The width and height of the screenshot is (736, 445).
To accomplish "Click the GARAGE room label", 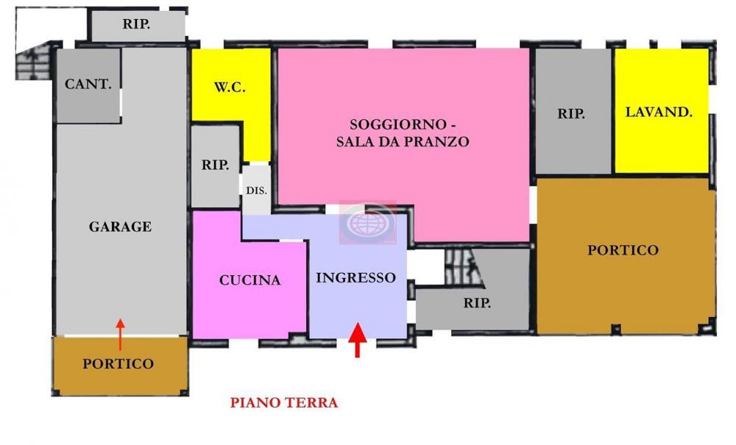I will [x=120, y=227].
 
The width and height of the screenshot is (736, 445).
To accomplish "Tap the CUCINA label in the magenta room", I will [x=250, y=280].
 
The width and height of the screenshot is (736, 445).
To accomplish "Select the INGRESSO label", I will [x=355, y=278].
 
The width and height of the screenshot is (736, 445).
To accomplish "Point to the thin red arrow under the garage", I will [x=121, y=334].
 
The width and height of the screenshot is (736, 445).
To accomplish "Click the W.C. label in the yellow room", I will [x=230, y=88].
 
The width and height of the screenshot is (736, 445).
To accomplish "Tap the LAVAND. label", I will [x=659, y=113].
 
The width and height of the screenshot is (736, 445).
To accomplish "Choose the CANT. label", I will [x=88, y=84].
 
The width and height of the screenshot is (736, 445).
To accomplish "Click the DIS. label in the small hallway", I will [x=256, y=190].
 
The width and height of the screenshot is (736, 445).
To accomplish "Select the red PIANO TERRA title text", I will [x=284, y=403].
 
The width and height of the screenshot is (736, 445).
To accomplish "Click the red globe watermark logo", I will [x=367, y=223].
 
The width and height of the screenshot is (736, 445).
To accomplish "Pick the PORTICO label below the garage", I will [x=118, y=364].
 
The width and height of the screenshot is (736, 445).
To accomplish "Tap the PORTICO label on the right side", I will [x=623, y=251].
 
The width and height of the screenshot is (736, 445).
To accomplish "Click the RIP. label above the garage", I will [x=137, y=24].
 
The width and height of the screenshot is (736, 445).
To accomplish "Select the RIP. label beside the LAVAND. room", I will [x=571, y=114].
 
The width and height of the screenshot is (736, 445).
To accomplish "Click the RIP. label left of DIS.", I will [x=215, y=165].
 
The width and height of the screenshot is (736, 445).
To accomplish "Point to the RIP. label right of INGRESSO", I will [x=477, y=303].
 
